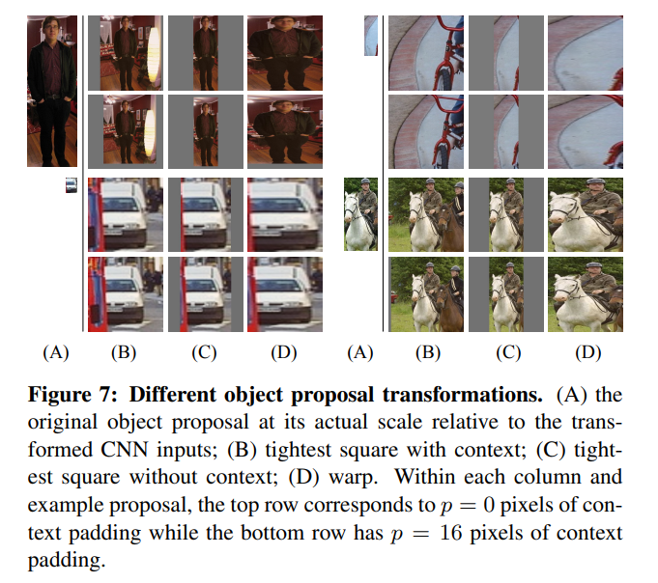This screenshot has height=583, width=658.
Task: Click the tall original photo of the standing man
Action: [x=51, y=91]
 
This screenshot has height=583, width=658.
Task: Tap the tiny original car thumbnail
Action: [x=71, y=185]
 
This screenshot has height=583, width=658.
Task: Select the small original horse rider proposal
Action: [x=358, y=215]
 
